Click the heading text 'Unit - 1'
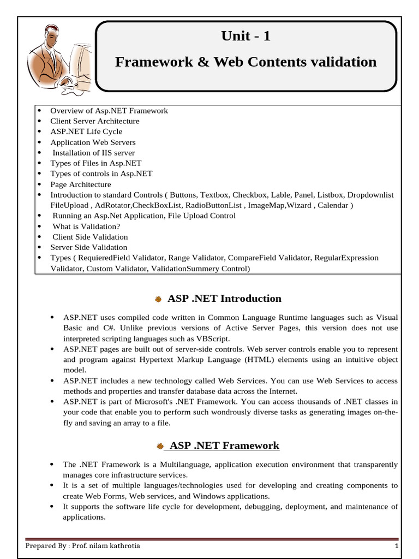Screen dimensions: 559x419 [246, 37]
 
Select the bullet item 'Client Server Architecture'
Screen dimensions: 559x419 [94, 121]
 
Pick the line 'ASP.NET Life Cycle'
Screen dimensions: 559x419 [86, 132]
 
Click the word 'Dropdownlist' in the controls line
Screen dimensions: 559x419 [370, 195]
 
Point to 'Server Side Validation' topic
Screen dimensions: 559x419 [88, 247]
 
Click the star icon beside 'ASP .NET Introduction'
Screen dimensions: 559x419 [158, 299]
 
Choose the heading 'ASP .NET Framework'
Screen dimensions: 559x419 [224, 445]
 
